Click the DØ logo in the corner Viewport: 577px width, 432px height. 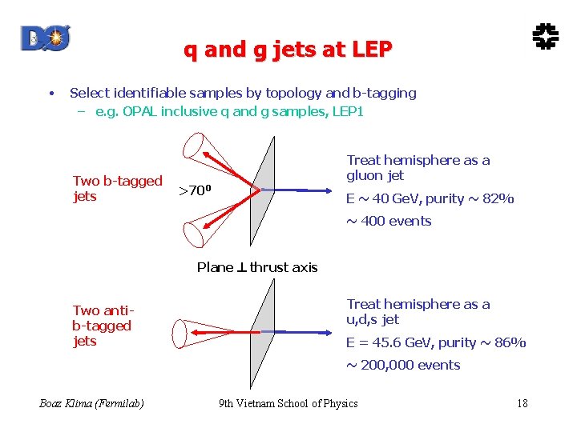46,38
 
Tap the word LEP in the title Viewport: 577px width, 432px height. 371,50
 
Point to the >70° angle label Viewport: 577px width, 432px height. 195,190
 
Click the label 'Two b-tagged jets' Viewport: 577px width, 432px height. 117,189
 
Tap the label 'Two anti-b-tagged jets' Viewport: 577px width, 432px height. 102,326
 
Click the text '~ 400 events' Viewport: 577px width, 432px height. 389,221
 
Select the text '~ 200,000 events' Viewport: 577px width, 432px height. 403,365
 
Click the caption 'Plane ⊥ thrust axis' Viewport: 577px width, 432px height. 257,267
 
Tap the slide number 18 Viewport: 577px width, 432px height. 523,403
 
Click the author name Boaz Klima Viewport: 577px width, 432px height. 91,403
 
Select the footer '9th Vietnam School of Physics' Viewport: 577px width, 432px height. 288,403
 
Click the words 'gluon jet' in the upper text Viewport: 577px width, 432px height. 375,175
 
